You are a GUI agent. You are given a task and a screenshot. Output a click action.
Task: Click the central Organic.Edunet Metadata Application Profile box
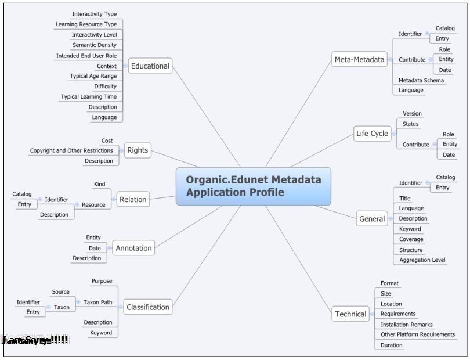(254, 186)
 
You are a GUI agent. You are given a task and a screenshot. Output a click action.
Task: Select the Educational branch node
(150, 66)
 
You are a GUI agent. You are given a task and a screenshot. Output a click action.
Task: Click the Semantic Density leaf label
(94, 45)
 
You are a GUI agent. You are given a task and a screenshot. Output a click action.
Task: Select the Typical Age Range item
(93, 76)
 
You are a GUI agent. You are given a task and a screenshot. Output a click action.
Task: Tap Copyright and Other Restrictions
(71, 151)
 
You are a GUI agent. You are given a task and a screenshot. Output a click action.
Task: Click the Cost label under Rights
(107, 141)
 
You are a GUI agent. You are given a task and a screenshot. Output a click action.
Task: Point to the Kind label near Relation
(99, 185)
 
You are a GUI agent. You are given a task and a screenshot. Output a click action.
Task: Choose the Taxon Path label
(98, 303)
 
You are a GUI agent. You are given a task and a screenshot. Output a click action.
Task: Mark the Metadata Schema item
(421, 81)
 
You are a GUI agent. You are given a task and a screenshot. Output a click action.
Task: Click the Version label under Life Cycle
(412, 114)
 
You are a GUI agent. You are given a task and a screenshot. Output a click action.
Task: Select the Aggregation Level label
(422, 260)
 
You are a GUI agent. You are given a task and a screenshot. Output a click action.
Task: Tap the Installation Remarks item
(407, 325)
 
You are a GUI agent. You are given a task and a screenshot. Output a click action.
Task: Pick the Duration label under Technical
(391, 345)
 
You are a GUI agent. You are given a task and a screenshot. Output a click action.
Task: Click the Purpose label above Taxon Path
(102, 282)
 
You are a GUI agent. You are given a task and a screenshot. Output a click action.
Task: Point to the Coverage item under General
(411, 239)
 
